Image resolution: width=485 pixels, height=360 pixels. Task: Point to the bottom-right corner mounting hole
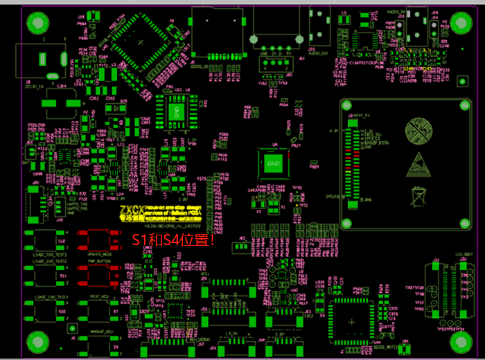pos(460,342)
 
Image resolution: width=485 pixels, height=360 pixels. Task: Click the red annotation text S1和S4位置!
pos(174,241)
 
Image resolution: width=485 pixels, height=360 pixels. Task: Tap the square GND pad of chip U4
pos(272,163)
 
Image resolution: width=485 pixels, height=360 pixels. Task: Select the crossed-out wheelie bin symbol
pos(417,195)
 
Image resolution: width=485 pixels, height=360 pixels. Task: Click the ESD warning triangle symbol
pos(417,163)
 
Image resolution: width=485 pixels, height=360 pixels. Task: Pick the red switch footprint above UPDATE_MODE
pos(96,240)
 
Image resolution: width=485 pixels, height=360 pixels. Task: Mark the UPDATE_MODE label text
pos(98,255)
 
